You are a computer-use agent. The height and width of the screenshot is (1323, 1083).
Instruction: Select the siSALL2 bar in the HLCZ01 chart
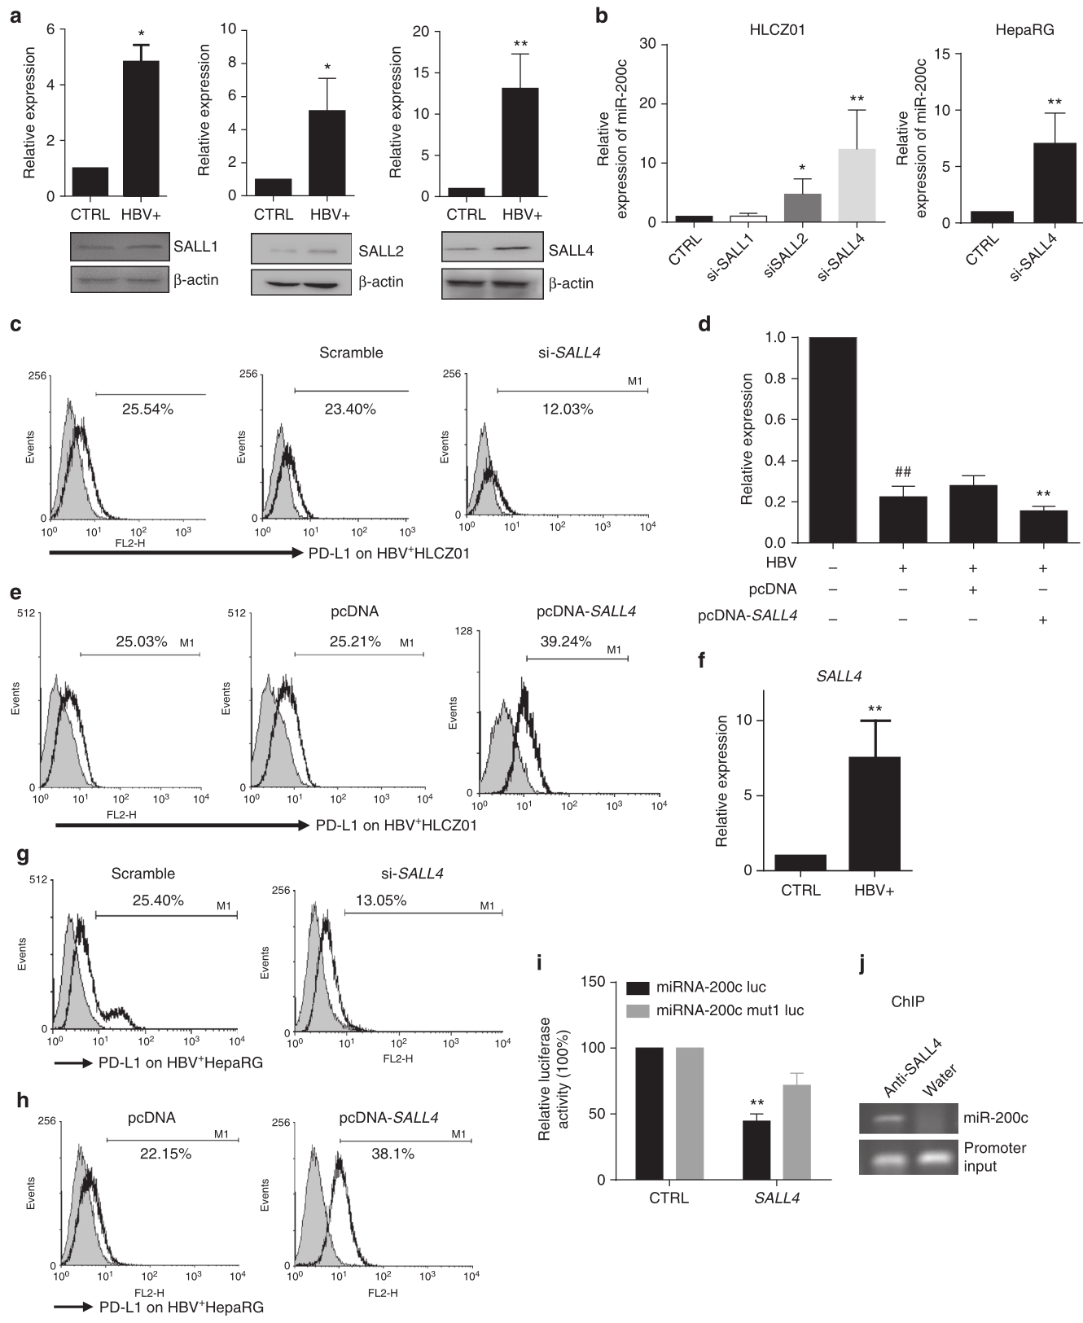tap(802, 208)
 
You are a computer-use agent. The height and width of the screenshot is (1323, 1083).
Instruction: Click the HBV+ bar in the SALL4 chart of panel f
tap(874, 813)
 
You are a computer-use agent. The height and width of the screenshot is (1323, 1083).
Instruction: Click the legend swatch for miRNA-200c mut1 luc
tap(638, 1010)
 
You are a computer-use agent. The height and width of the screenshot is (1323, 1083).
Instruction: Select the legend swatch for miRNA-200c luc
tap(638, 988)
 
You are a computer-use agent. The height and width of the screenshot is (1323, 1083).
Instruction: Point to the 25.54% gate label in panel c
tap(147, 410)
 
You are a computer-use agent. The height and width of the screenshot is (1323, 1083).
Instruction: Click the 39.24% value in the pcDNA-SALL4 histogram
tap(565, 642)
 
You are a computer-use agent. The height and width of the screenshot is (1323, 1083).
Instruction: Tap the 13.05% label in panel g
tap(380, 900)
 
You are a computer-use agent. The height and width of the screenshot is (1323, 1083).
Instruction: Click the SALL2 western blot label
tap(381, 251)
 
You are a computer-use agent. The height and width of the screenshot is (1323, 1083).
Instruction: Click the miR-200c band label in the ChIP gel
tap(996, 1118)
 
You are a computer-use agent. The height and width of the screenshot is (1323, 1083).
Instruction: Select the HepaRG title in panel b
tap(1024, 30)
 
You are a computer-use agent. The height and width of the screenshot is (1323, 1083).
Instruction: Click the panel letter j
tap(862, 964)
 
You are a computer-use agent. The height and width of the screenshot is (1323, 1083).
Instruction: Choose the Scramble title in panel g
tap(143, 874)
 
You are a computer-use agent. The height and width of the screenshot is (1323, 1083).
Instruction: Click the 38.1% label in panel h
tap(393, 1154)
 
